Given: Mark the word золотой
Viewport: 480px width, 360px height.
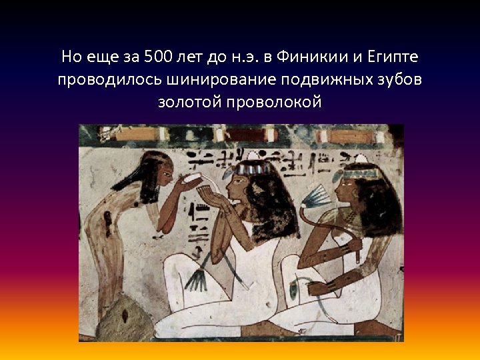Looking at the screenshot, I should coord(189,102).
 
